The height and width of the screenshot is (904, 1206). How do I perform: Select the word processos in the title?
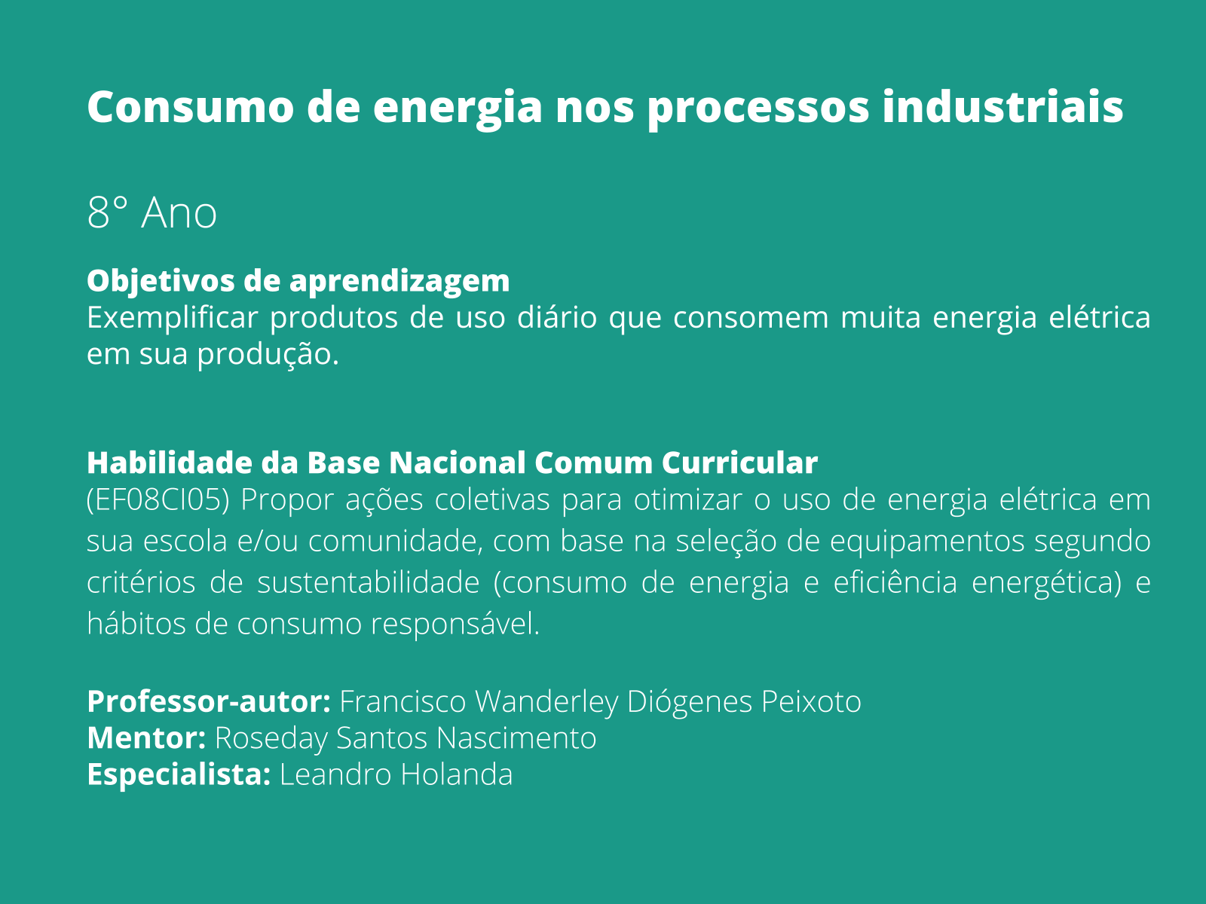(758, 108)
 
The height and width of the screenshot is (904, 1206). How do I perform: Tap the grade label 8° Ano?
(152, 212)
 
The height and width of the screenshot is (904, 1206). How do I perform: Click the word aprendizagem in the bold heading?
(399, 282)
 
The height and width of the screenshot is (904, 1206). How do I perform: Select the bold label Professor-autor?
(209, 702)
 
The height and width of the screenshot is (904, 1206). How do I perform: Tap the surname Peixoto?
(811, 702)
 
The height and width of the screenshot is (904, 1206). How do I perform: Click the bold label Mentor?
(146, 738)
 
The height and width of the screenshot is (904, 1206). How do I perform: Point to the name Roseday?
(271, 738)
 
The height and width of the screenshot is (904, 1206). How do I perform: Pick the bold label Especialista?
(179, 774)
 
